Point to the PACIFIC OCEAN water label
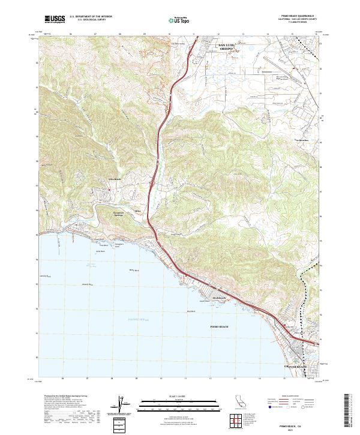(141, 320)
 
